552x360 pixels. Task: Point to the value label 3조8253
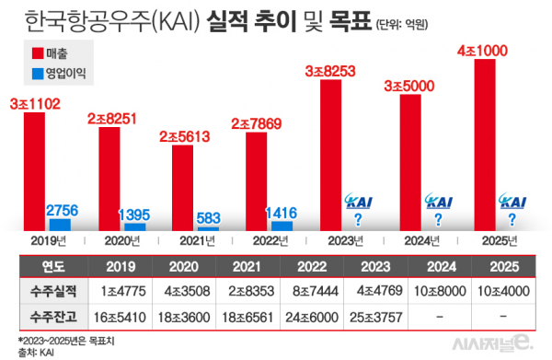344,69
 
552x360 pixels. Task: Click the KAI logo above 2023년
357,202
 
